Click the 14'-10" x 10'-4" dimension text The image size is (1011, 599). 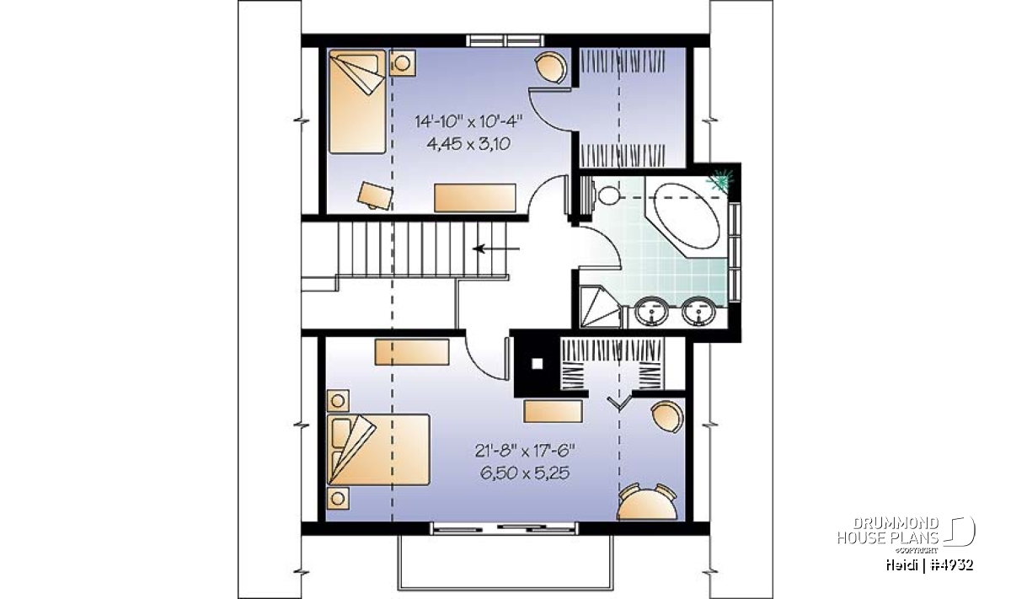pyautogui.click(x=468, y=121)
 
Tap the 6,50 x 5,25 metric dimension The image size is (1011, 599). pyautogui.click(x=525, y=473)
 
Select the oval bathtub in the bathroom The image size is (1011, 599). pyautogui.click(x=687, y=216)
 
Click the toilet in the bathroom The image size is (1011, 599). pyautogui.click(x=599, y=195)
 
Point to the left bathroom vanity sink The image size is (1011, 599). pyautogui.click(x=650, y=312)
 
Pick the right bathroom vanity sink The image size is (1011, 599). pyautogui.click(x=698, y=312)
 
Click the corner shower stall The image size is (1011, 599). pyautogui.click(x=600, y=307)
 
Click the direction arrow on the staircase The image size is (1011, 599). pyautogui.click(x=496, y=249)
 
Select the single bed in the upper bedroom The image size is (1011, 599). pyautogui.click(x=357, y=102)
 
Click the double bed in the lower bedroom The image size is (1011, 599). pyautogui.click(x=379, y=450)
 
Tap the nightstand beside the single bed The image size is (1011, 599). pyautogui.click(x=402, y=62)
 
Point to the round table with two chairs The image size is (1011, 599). pyautogui.click(x=647, y=502)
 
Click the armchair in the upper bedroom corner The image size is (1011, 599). pyautogui.click(x=551, y=67)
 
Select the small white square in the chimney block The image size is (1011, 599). pyautogui.click(x=538, y=363)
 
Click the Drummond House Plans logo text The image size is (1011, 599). pyautogui.click(x=888, y=531)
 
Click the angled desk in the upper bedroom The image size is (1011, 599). pyautogui.click(x=375, y=195)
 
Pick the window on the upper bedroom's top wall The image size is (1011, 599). pyautogui.click(x=505, y=40)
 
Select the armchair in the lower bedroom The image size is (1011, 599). pyautogui.click(x=667, y=417)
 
